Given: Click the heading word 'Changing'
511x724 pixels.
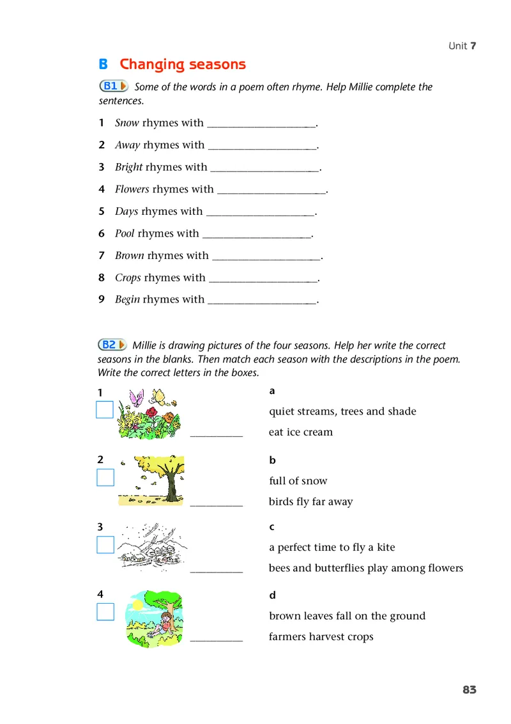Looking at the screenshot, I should point(150,65).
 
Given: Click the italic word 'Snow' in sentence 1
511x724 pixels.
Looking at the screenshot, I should point(127,123).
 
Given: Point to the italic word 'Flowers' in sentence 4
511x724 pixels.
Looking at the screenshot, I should point(132,189).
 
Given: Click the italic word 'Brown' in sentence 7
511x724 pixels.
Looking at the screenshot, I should point(129,256).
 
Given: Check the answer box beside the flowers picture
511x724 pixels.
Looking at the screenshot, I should point(105,409).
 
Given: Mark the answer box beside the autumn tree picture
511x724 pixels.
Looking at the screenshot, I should point(105,477).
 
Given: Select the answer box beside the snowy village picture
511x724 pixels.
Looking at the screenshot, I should point(105,545).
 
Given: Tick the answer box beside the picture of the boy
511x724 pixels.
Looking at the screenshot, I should point(105,612).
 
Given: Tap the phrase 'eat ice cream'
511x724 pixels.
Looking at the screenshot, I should point(301,432).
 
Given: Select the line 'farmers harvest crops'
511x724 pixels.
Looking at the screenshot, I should point(321,637).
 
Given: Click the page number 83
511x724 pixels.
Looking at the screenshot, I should point(469,689).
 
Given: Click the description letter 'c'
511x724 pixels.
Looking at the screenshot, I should point(272,527).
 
